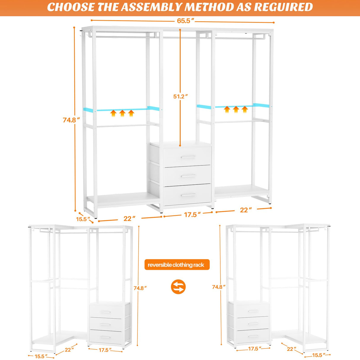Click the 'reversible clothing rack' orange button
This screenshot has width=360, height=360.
point(177,265)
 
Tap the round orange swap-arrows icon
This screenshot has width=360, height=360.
point(178,287)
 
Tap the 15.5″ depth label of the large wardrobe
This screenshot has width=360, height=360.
point(83,219)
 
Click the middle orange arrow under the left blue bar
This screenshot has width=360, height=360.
point(122,113)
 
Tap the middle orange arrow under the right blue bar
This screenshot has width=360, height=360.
point(236,109)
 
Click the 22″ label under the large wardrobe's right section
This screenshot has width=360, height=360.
point(246,210)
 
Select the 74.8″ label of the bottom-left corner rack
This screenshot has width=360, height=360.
point(140,288)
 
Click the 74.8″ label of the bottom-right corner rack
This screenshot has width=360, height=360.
point(219,287)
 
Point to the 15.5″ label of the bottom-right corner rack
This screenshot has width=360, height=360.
point(318,355)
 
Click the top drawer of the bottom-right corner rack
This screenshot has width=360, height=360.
point(249,310)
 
